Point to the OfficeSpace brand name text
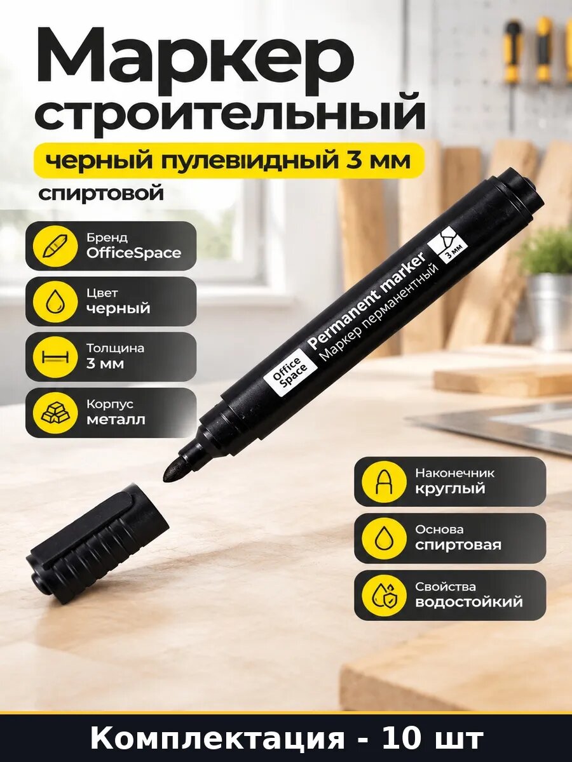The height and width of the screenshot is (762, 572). [x=133, y=253]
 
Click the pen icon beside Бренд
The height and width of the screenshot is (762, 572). [x=54, y=246]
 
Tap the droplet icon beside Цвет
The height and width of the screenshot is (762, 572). [x=55, y=302]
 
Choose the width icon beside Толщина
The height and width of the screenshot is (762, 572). [x=55, y=357]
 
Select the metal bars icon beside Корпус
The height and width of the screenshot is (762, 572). [x=55, y=412]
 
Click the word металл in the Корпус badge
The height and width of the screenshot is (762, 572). [x=116, y=420]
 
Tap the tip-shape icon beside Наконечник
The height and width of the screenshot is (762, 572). [x=383, y=481]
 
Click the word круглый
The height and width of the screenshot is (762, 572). [x=450, y=489]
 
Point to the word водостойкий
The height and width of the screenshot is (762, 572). [x=469, y=601]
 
